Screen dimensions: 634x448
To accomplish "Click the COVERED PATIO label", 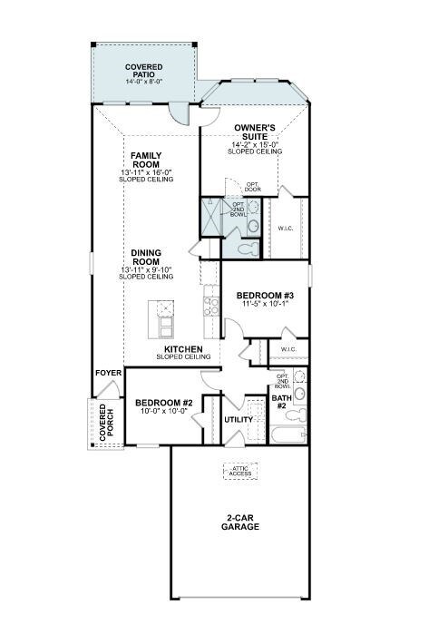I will click(x=144, y=71).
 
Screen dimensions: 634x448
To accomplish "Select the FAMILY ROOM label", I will click(x=145, y=160).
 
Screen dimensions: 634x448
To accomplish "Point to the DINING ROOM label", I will click(x=145, y=258).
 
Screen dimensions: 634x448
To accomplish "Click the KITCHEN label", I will click(x=182, y=349).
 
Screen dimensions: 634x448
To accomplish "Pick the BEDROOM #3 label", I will click(x=264, y=296).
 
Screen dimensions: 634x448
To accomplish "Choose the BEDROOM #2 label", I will click(x=162, y=403).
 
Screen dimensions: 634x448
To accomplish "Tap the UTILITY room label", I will click(x=238, y=420).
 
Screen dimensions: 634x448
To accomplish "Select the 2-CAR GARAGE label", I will click(x=242, y=522).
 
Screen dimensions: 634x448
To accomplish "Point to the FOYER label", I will click(x=107, y=373).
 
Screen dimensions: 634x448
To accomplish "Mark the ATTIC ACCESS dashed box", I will click(x=240, y=472).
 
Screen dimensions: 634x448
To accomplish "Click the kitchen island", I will click(x=165, y=320).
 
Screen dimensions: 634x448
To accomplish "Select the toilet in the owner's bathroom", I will click(x=247, y=244).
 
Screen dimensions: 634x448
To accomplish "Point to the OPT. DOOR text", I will click(x=253, y=187).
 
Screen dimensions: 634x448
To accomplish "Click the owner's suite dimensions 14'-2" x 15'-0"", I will click(x=255, y=144).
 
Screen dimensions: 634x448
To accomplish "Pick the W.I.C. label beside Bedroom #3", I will click(x=288, y=349).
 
